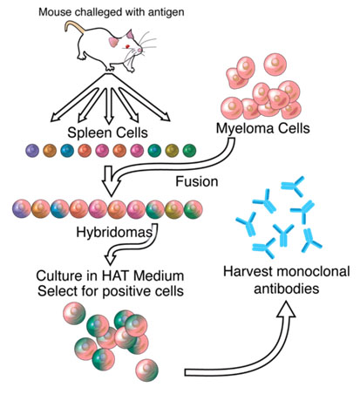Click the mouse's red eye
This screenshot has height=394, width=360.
click(x=127, y=46)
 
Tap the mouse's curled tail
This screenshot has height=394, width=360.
click(x=73, y=26)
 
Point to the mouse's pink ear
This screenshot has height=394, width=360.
click(x=113, y=42)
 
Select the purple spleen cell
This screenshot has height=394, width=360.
click(x=32, y=151)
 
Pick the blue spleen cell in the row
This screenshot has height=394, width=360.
click(x=67, y=151)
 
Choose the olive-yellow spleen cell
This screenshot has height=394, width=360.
click(x=172, y=151)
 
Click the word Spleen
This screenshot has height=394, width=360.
click(x=90, y=133)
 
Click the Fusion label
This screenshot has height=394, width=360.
click(x=197, y=181)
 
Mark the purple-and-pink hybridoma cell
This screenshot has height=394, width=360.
click(x=22, y=209)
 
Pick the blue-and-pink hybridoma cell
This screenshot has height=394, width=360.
click(x=60, y=209)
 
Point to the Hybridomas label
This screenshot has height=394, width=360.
click(x=114, y=232)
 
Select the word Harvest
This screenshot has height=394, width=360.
click(x=248, y=272)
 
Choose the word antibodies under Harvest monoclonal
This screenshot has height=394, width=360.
click(x=287, y=289)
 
